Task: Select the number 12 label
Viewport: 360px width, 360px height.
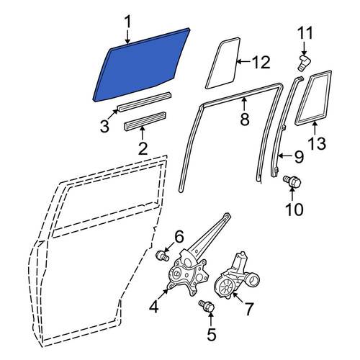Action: coord(261,62)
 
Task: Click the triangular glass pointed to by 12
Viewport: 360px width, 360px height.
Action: coord(223,63)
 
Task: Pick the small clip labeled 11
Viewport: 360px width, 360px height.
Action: coord(303,63)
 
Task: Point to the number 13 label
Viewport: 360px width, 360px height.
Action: coord(318,143)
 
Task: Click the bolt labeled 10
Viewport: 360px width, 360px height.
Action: coord(292,181)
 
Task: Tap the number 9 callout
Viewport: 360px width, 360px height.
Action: coord(299,156)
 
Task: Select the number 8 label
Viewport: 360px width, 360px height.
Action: coord(245,119)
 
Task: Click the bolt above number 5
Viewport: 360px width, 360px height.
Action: coord(207,307)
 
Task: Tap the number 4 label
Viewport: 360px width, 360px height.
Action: coord(153,307)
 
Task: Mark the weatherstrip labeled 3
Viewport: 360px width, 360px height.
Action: coord(145,102)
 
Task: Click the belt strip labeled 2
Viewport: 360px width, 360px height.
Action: coord(145,121)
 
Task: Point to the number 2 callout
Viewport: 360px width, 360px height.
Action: coord(143,148)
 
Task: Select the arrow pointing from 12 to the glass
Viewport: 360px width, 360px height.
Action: coord(243,62)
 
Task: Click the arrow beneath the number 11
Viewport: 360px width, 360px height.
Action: coord(304,48)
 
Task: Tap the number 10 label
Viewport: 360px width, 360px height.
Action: coord(294,209)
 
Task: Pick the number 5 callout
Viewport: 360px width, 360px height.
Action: coord(212,334)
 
